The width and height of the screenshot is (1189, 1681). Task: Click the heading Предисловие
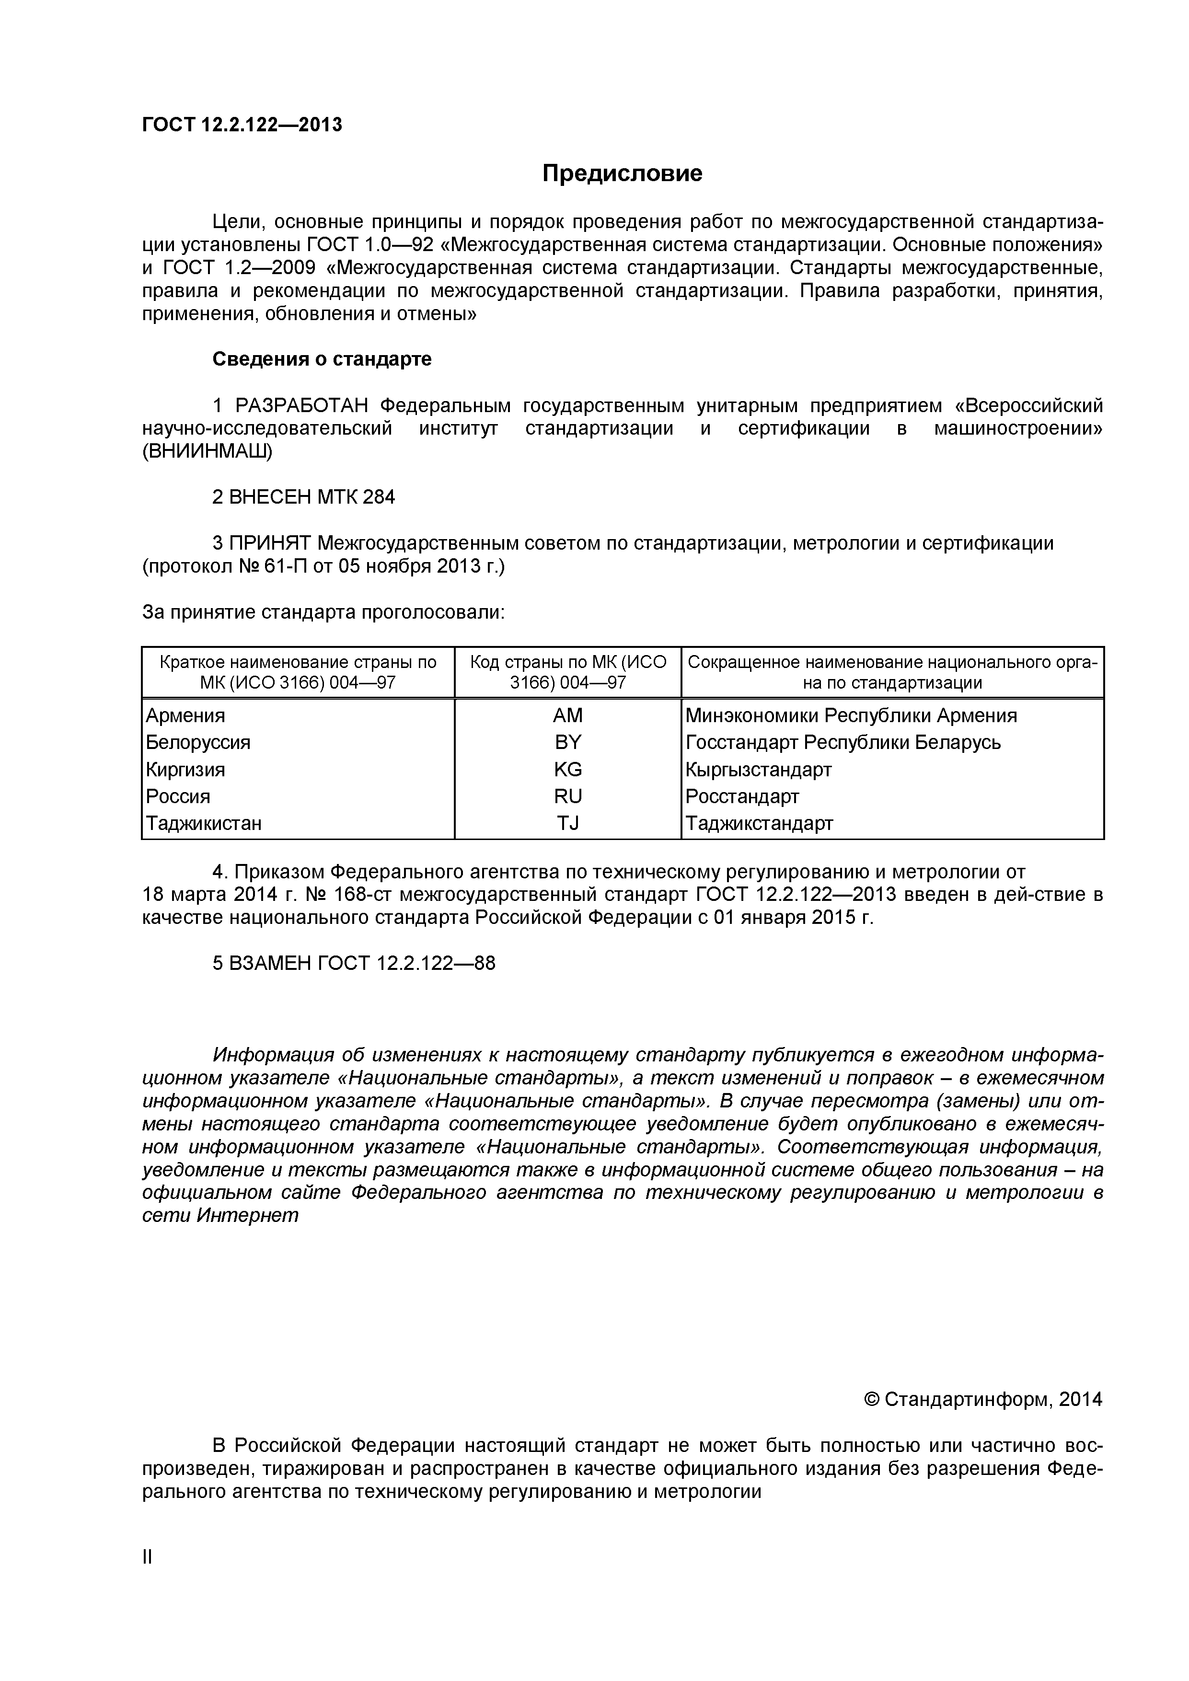click(623, 173)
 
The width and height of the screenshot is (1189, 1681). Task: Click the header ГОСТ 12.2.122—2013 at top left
click(242, 125)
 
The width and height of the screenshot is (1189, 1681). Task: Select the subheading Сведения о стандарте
click(322, 359)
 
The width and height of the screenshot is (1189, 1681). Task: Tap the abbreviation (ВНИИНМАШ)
click(207, 452)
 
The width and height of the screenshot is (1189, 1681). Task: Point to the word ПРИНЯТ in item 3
click(270, 543)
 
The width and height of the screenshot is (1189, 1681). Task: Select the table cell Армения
click(185, 715)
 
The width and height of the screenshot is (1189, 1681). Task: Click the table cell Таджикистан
click(204, 824)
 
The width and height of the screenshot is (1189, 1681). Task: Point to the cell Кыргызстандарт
click(759, 770)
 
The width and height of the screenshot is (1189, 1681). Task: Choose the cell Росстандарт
click(742, 796)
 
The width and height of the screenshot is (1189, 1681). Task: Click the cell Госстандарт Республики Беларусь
click(843, 742)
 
